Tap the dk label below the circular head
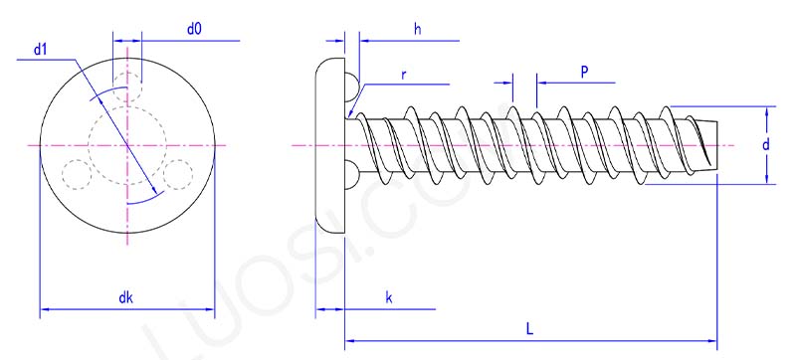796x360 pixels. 125,297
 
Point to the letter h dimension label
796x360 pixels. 418,30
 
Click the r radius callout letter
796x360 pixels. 403,75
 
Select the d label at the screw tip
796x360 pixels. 764,145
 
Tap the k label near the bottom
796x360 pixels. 388,297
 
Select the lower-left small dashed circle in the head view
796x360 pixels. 75,174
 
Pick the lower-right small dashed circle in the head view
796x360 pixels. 179,174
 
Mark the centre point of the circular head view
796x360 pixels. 127,145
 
